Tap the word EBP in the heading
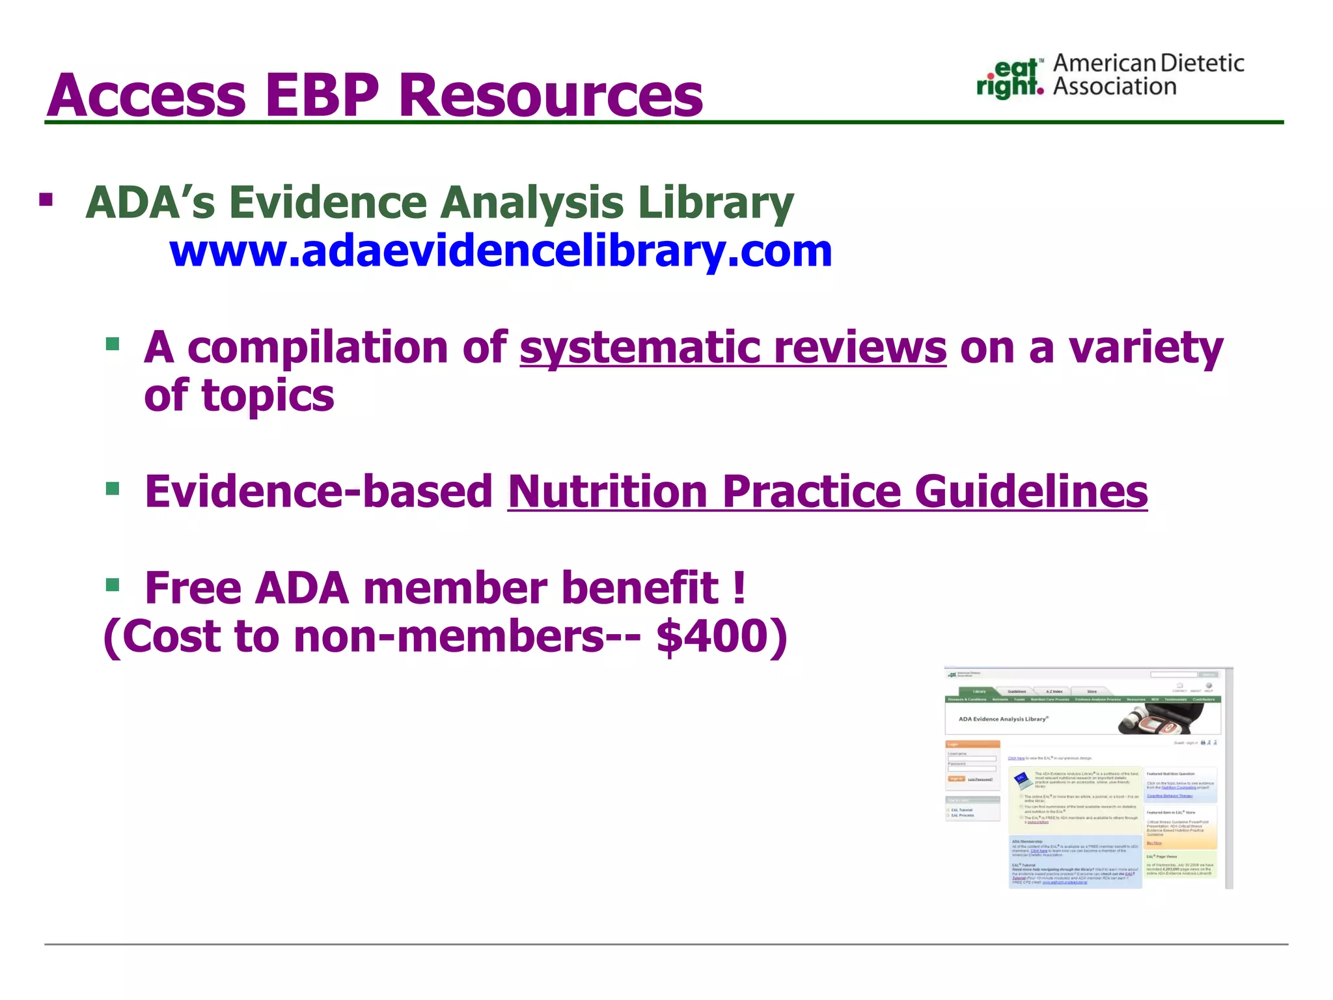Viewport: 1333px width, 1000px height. click(x=322, y=96)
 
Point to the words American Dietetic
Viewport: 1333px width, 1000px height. click(x=1148, y=63)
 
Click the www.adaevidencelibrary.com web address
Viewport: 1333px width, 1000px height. click(x=500, y=251)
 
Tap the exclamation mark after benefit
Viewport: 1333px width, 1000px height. click(x=738, y=587)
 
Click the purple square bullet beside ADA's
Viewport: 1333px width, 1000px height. click(x=46, y=199)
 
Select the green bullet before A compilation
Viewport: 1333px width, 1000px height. click(x=113, y=344)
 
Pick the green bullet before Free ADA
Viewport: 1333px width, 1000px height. click(x=113, y=585)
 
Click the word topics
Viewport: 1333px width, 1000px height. click(x=268, y=395)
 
